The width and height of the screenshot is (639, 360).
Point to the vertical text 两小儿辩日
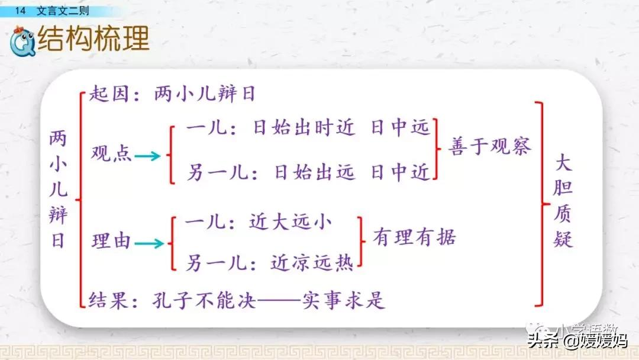pyautogui.click(x=58, y=190)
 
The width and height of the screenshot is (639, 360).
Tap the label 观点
pyautogui.click(x=111, y=155)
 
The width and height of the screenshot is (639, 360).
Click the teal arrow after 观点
pyautogui.click(x=147, y=156)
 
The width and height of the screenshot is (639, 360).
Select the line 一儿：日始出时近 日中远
pyautogui.click(x=308, y=128)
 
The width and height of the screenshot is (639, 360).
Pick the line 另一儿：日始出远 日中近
pyautogui.click(x=308, y=172)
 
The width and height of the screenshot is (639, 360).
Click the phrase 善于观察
pyautogui.click(x=489, y=146)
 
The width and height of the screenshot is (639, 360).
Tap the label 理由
pyautogui.click(x=111, y=241)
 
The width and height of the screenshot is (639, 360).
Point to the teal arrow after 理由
pyautogui.click(x=149, y=243)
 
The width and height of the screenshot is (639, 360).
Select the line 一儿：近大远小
pyautogui.click(x=259, y=223)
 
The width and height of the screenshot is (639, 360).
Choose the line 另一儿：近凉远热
pyautogui.click(x=269, y=261)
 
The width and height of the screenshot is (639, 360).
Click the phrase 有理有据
pyautogui.click(x=414, y=238)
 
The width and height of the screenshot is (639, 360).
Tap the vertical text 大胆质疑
pyautogui.click(x=564, y=201)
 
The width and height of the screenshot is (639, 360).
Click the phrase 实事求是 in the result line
pyautogui.click(x=343, y=300)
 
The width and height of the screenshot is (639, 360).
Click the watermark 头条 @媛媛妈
pyautogui.click(x=577, y=340)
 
